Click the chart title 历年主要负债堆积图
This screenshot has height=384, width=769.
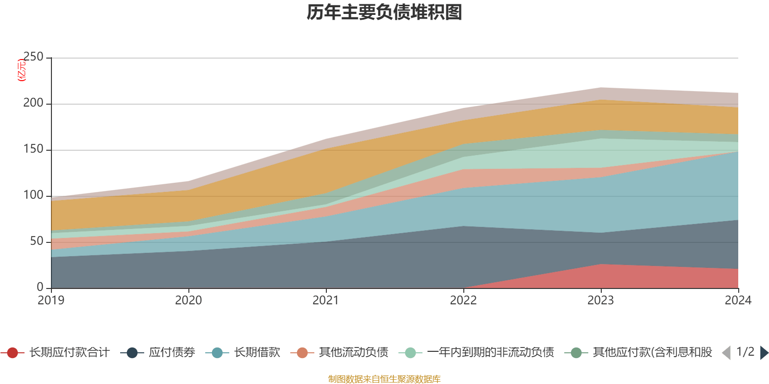(x=384, y=13)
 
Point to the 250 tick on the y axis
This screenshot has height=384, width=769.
(x=33, y=57)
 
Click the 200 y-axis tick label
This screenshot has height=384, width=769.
(x=33, y=103)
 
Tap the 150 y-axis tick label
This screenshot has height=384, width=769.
(x=33, y=149)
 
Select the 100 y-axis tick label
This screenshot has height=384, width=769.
(x=33, y=195)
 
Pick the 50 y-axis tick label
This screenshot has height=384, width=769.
(x=37, y=241)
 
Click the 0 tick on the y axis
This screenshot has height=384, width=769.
(x=40, y=287)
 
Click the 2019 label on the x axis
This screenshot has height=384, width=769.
(x=51, y=300)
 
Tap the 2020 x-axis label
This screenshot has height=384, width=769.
(x=188, y=300)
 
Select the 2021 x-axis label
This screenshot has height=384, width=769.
(x=326, y=300)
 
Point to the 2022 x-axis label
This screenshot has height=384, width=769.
(x=463, y=300)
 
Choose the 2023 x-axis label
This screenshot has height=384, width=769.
(x=601, y=300)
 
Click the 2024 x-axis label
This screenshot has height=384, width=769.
(x=738, y=300)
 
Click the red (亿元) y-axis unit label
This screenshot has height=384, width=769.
(x=22, y=71)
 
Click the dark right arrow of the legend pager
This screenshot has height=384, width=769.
(x=764, y=353)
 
